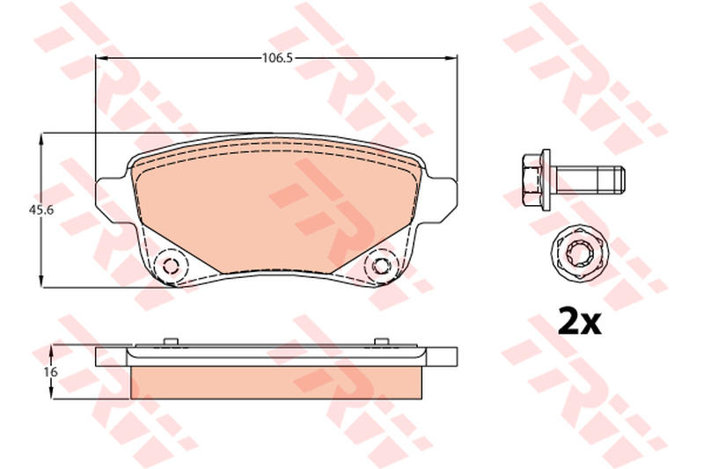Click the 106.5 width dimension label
pyautogui.click(x=277, y=58)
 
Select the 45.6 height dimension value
pyautogui.click(x=41, y=209)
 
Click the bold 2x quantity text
pyautogui.click(x=579, y=320)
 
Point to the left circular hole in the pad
pyautogui.click(x=171, y=266)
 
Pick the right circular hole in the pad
pyautogui.click(x=381, y=266)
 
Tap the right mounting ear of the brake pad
pyautogui.click(x=441, y=200)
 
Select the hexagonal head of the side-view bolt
pyautogui.click(x=532, y=180)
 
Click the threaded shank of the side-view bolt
pyautogui.click(x=588, y=180)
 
